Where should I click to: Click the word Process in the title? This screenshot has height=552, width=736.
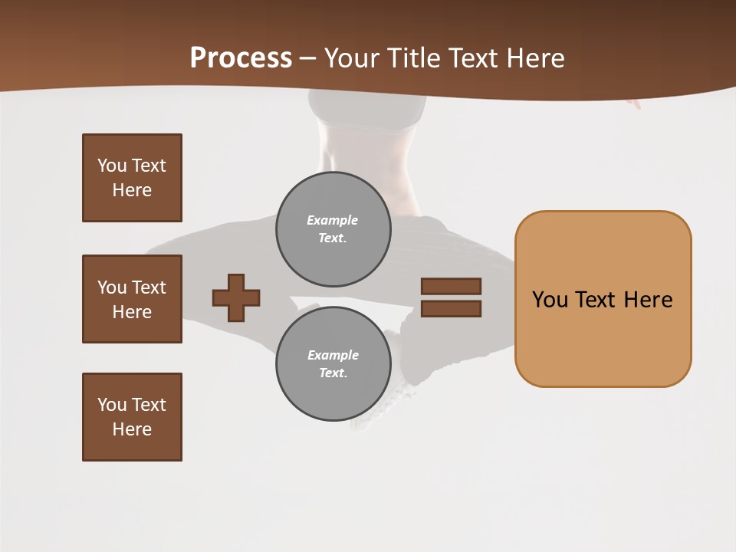241,58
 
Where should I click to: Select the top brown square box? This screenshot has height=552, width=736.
132,178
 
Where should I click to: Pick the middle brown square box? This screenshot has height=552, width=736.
132,299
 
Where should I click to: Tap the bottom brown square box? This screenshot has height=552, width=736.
132,417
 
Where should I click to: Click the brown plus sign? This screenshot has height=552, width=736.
236,297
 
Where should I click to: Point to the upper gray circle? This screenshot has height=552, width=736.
333,229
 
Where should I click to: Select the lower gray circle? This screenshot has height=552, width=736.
333,364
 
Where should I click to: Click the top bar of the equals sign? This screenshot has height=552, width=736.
451,286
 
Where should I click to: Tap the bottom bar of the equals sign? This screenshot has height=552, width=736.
451,309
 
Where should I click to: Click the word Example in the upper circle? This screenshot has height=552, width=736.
333,220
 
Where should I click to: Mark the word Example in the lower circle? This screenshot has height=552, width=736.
333,355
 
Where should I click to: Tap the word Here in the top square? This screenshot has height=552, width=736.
132,190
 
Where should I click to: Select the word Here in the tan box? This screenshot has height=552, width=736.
648,300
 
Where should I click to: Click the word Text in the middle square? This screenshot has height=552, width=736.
149,287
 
